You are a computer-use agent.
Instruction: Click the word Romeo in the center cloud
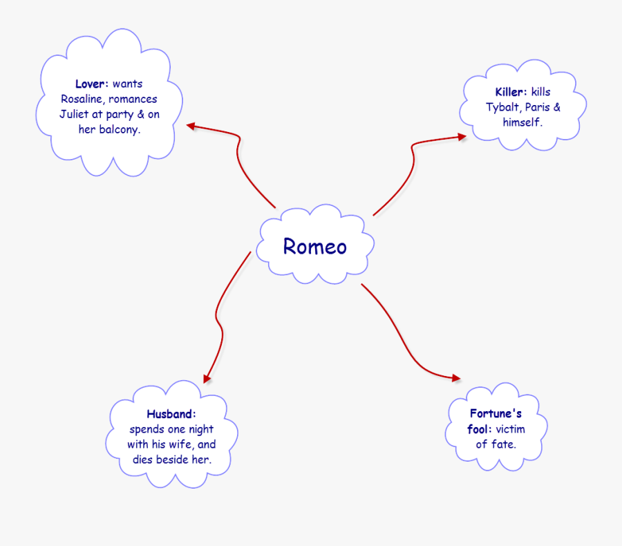coord(314,247)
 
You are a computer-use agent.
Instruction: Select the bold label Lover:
coord(92,84)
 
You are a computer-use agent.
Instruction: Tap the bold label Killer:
coord(511,93)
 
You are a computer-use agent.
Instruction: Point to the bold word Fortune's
coord(496,414)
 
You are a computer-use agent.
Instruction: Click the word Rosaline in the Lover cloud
coord(82,100)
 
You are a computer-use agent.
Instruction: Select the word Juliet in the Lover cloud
coord(74,115)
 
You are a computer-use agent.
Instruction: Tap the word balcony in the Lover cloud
coord(119,130)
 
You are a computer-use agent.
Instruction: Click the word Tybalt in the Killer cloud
coord(502,107)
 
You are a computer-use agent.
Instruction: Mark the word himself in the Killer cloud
coord(522,122)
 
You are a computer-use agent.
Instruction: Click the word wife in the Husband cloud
coord(183,444)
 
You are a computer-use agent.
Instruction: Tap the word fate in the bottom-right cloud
coord(502,444)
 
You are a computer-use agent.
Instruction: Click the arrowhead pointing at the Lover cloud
coord(191,126)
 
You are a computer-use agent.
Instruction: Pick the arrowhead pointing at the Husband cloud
coord(206,377)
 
